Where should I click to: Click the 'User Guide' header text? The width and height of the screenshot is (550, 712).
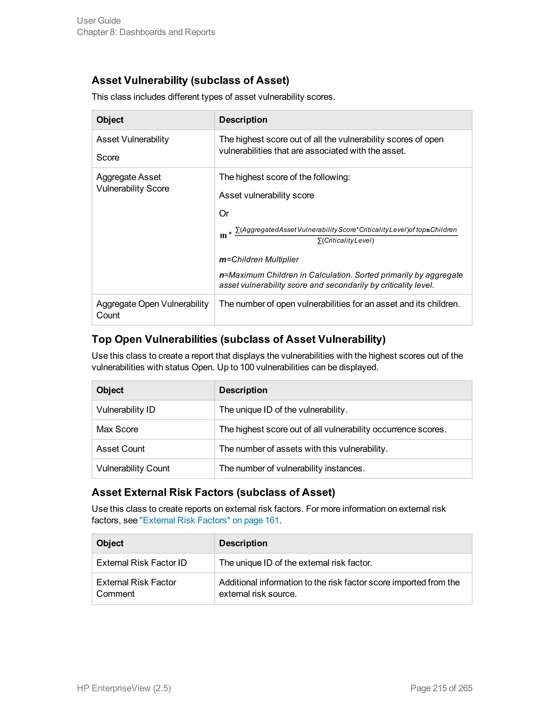99,20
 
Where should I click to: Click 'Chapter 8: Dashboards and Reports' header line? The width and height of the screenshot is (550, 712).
146,32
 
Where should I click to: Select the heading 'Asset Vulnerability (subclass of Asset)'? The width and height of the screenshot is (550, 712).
190,80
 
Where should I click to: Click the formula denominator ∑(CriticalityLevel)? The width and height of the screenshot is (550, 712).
345,240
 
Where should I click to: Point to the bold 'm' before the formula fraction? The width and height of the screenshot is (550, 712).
223,235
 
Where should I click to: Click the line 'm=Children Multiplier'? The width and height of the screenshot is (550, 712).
259,260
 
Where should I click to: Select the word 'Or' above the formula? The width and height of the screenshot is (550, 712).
224,214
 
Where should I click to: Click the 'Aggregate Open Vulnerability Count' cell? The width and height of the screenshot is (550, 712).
152,309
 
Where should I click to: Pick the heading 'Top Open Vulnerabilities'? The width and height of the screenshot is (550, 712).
238,339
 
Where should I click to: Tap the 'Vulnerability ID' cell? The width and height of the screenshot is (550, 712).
126,410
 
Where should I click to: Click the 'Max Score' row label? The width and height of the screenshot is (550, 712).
117,429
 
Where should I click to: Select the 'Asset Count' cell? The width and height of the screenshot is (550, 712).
121,449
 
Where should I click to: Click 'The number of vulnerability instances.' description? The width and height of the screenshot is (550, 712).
292,469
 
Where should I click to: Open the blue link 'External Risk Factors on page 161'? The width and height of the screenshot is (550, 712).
209,520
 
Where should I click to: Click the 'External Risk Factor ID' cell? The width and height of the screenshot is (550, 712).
142,563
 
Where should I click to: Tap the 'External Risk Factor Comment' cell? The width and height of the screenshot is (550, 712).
136,588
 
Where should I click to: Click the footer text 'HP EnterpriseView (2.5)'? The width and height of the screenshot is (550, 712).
124,688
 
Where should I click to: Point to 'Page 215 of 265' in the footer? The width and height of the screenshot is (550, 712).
441,688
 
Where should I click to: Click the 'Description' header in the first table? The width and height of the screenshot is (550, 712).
243,120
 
